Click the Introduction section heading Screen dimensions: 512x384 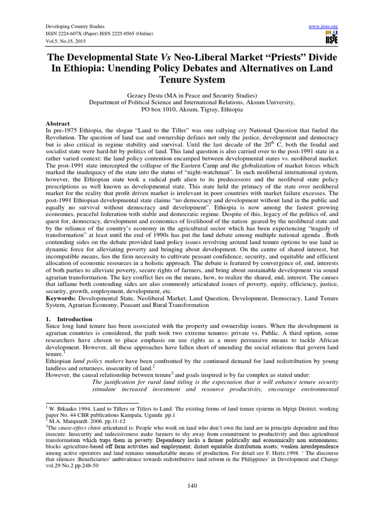tap(74, 319)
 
